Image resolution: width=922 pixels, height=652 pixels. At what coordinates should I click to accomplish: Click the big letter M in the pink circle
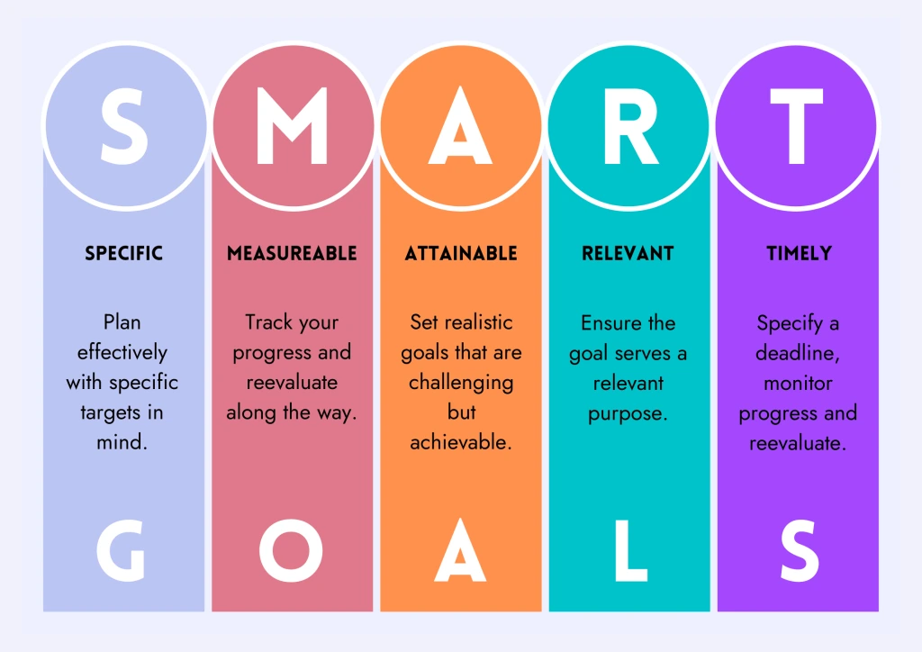click(293, 126)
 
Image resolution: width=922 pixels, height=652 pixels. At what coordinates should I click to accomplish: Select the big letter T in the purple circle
click(797, 126)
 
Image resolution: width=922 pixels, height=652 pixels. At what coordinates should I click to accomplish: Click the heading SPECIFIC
click(124, 253)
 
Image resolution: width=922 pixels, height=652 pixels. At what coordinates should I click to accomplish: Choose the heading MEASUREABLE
click(293, 253)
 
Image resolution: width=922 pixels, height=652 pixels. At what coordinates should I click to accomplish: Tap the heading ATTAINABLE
click(461, 253)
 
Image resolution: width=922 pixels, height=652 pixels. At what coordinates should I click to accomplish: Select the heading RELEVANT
click(628, 253)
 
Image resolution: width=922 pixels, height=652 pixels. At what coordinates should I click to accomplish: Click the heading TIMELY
click(800, 253)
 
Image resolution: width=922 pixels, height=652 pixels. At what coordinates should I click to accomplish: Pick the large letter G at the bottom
click(121, 550)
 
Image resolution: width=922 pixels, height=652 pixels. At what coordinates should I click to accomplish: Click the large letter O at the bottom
click(291, 550)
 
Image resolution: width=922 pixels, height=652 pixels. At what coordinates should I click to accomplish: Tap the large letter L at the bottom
click(630, 551)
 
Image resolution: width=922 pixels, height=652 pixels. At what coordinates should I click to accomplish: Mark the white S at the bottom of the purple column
click(800, 550)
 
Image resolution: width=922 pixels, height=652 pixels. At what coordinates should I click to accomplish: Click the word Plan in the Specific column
click(122, 322)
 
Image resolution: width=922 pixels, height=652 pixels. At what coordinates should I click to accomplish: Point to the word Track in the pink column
click(268, 322)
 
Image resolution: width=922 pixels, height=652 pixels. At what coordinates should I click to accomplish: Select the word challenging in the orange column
click(461, 384)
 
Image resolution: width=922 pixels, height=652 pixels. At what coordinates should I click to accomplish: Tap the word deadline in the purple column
click(795, 353)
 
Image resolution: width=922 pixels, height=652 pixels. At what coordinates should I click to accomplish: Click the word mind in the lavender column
click(120, 442)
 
